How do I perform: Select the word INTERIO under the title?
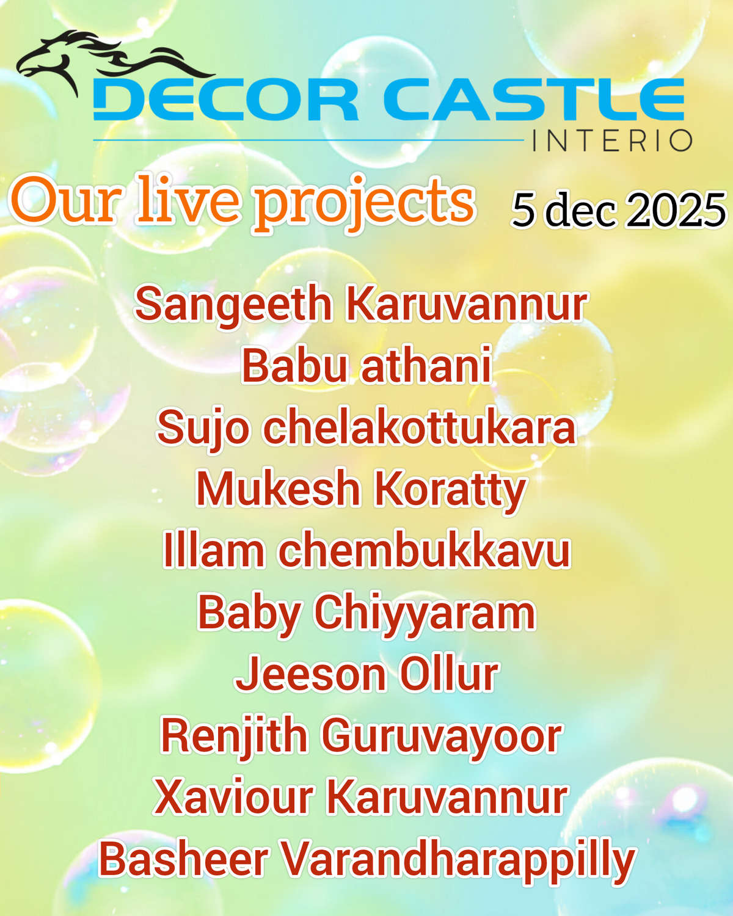(612, 141)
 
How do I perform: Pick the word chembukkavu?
(424, 551)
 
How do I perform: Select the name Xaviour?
(233, 798)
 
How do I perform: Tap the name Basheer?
(184, 859)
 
